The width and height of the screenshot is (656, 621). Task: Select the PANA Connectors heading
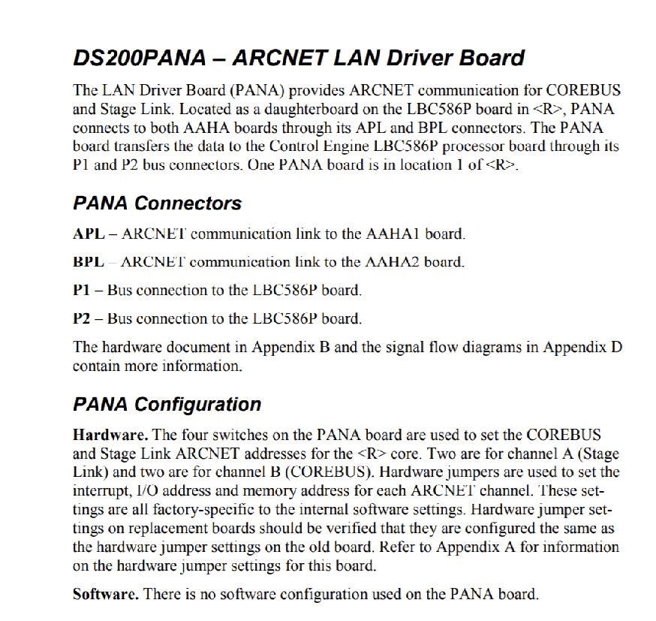pos(157,203)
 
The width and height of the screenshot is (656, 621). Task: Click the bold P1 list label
pos(81,290)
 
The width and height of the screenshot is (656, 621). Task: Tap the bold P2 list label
pos(81,318)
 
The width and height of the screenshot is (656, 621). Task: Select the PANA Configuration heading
pos(167,405)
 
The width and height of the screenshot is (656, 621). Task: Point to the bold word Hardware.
pos(110,435)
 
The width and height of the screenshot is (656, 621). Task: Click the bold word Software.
pos(105,594)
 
